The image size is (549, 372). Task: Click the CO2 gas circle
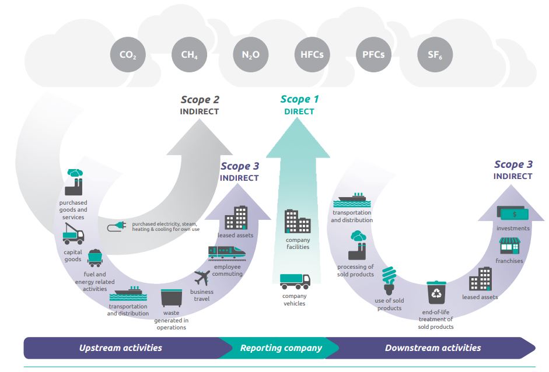click(x=128, y=55)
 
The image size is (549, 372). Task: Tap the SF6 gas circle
click(x=435, y=55)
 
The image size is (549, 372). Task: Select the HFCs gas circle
click(x=312, y=55)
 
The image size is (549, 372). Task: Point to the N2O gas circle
click(x=251, y=55)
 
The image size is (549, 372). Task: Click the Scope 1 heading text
click(x=299, y=99)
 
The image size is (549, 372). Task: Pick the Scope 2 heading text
click(x=200, y=100)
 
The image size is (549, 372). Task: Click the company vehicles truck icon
click(x=295, y=282)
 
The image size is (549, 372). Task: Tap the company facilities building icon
click(x=298, y=221)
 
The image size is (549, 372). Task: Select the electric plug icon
click(x=117, y=226)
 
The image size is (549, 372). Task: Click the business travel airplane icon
click(x=202, y=278)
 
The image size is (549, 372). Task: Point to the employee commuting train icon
click(x=227, y=253)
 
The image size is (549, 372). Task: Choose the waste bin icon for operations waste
click(x=171, y=298)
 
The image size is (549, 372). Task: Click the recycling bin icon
click(x=436, y=293)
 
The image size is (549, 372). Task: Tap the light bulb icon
click(x=389, y=280)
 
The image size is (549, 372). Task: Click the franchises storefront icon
click(x=509, y=245)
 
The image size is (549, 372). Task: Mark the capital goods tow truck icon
click(x=73, y=234)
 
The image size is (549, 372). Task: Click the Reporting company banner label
click(x=281, y=348)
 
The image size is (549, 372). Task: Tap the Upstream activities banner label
click(x=120, y=348)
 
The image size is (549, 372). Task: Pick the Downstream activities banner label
click(x=433, y=348)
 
